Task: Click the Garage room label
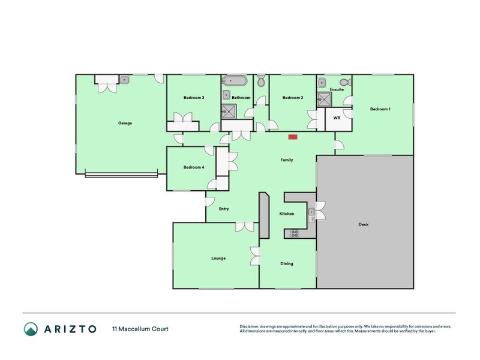click(125, 123)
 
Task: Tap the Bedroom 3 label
click(194, 98)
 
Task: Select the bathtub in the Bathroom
click(233, 80)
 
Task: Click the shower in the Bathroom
click(229, 110)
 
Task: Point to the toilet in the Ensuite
click(344, 82)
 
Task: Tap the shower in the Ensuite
click(325, 100)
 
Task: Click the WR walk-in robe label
click(337, 119)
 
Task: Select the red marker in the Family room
click(293, 137)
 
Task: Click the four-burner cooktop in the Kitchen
click(295, 233)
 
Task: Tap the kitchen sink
click(311, 215)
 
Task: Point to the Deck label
click(364, 224)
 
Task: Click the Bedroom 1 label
click(380, 109)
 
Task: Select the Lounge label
click(218, 259)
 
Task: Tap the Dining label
click(287, 263)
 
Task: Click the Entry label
click(224, 209)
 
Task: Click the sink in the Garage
click(124, 79)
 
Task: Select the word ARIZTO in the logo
click(68, 329)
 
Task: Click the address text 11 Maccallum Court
click(140, 329)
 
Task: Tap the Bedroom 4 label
click(194, 167)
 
